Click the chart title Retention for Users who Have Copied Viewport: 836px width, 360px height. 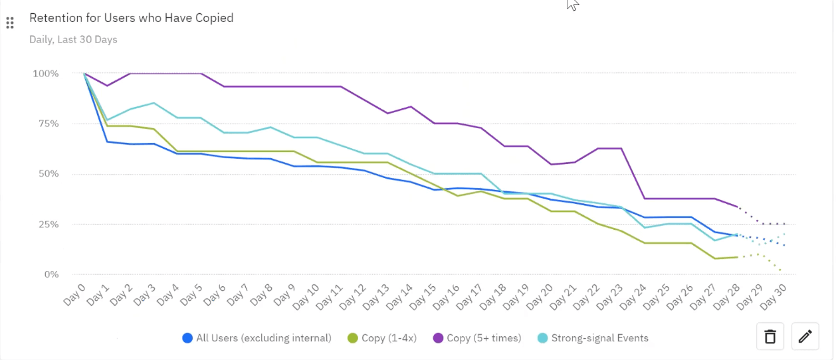coord(131,18)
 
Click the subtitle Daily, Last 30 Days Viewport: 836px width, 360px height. coord(73,39)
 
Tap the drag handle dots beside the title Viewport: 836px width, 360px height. coord(10,23)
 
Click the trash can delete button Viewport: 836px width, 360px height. coord(770,337)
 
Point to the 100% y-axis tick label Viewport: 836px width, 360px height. coord(46,73)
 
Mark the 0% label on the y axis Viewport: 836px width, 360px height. coord(51,274)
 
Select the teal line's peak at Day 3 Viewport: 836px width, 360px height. coord(154,103)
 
